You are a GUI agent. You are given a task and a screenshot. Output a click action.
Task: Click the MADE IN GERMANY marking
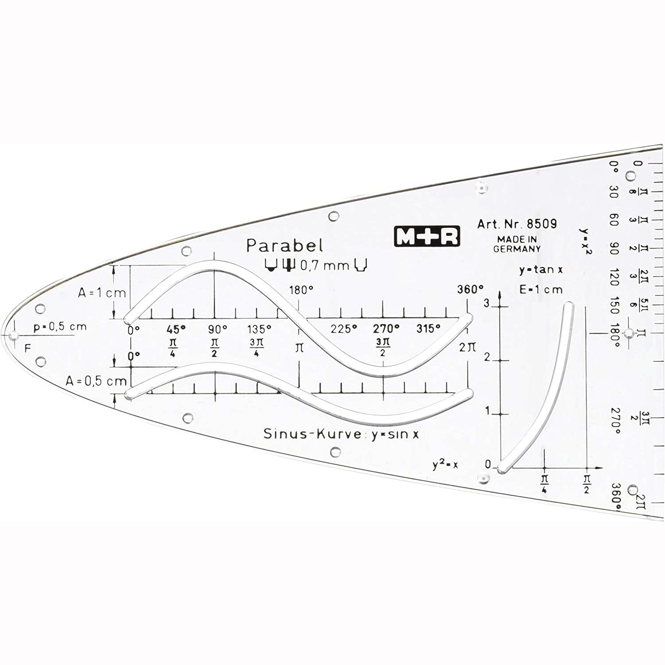(516, 244)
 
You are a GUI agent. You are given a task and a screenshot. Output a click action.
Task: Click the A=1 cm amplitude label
(103, 293)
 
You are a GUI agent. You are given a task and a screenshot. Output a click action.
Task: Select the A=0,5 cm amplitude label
(95, 381)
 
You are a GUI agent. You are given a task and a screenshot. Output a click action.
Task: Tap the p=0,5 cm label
(60, 326)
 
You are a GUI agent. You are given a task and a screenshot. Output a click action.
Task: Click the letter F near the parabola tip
(28, 349)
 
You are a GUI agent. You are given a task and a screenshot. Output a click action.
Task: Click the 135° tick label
(259, 329)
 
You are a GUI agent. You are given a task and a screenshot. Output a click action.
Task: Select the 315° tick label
(428, 328)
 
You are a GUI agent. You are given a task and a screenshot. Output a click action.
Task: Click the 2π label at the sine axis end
(467, 347)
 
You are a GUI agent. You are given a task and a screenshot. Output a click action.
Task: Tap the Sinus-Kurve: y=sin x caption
(341, 433)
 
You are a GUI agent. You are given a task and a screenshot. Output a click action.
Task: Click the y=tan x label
(541, 270)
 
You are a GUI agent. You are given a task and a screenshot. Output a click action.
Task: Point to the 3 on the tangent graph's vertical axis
(487, 303)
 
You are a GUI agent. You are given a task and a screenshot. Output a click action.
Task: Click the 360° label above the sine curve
(470, 289)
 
